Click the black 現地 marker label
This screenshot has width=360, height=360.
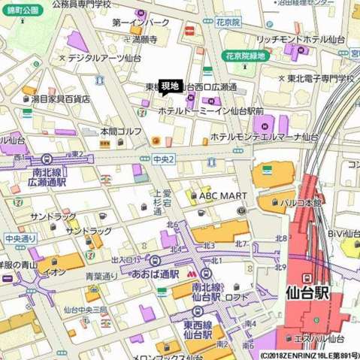(170, 86)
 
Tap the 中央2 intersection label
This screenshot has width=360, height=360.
(163, 159)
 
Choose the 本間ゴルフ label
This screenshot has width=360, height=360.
(121, 131)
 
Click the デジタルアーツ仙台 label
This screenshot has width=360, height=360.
(104, 57)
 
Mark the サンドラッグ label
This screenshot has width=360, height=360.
(88, 231)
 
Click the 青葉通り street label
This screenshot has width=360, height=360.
(101, 276)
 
